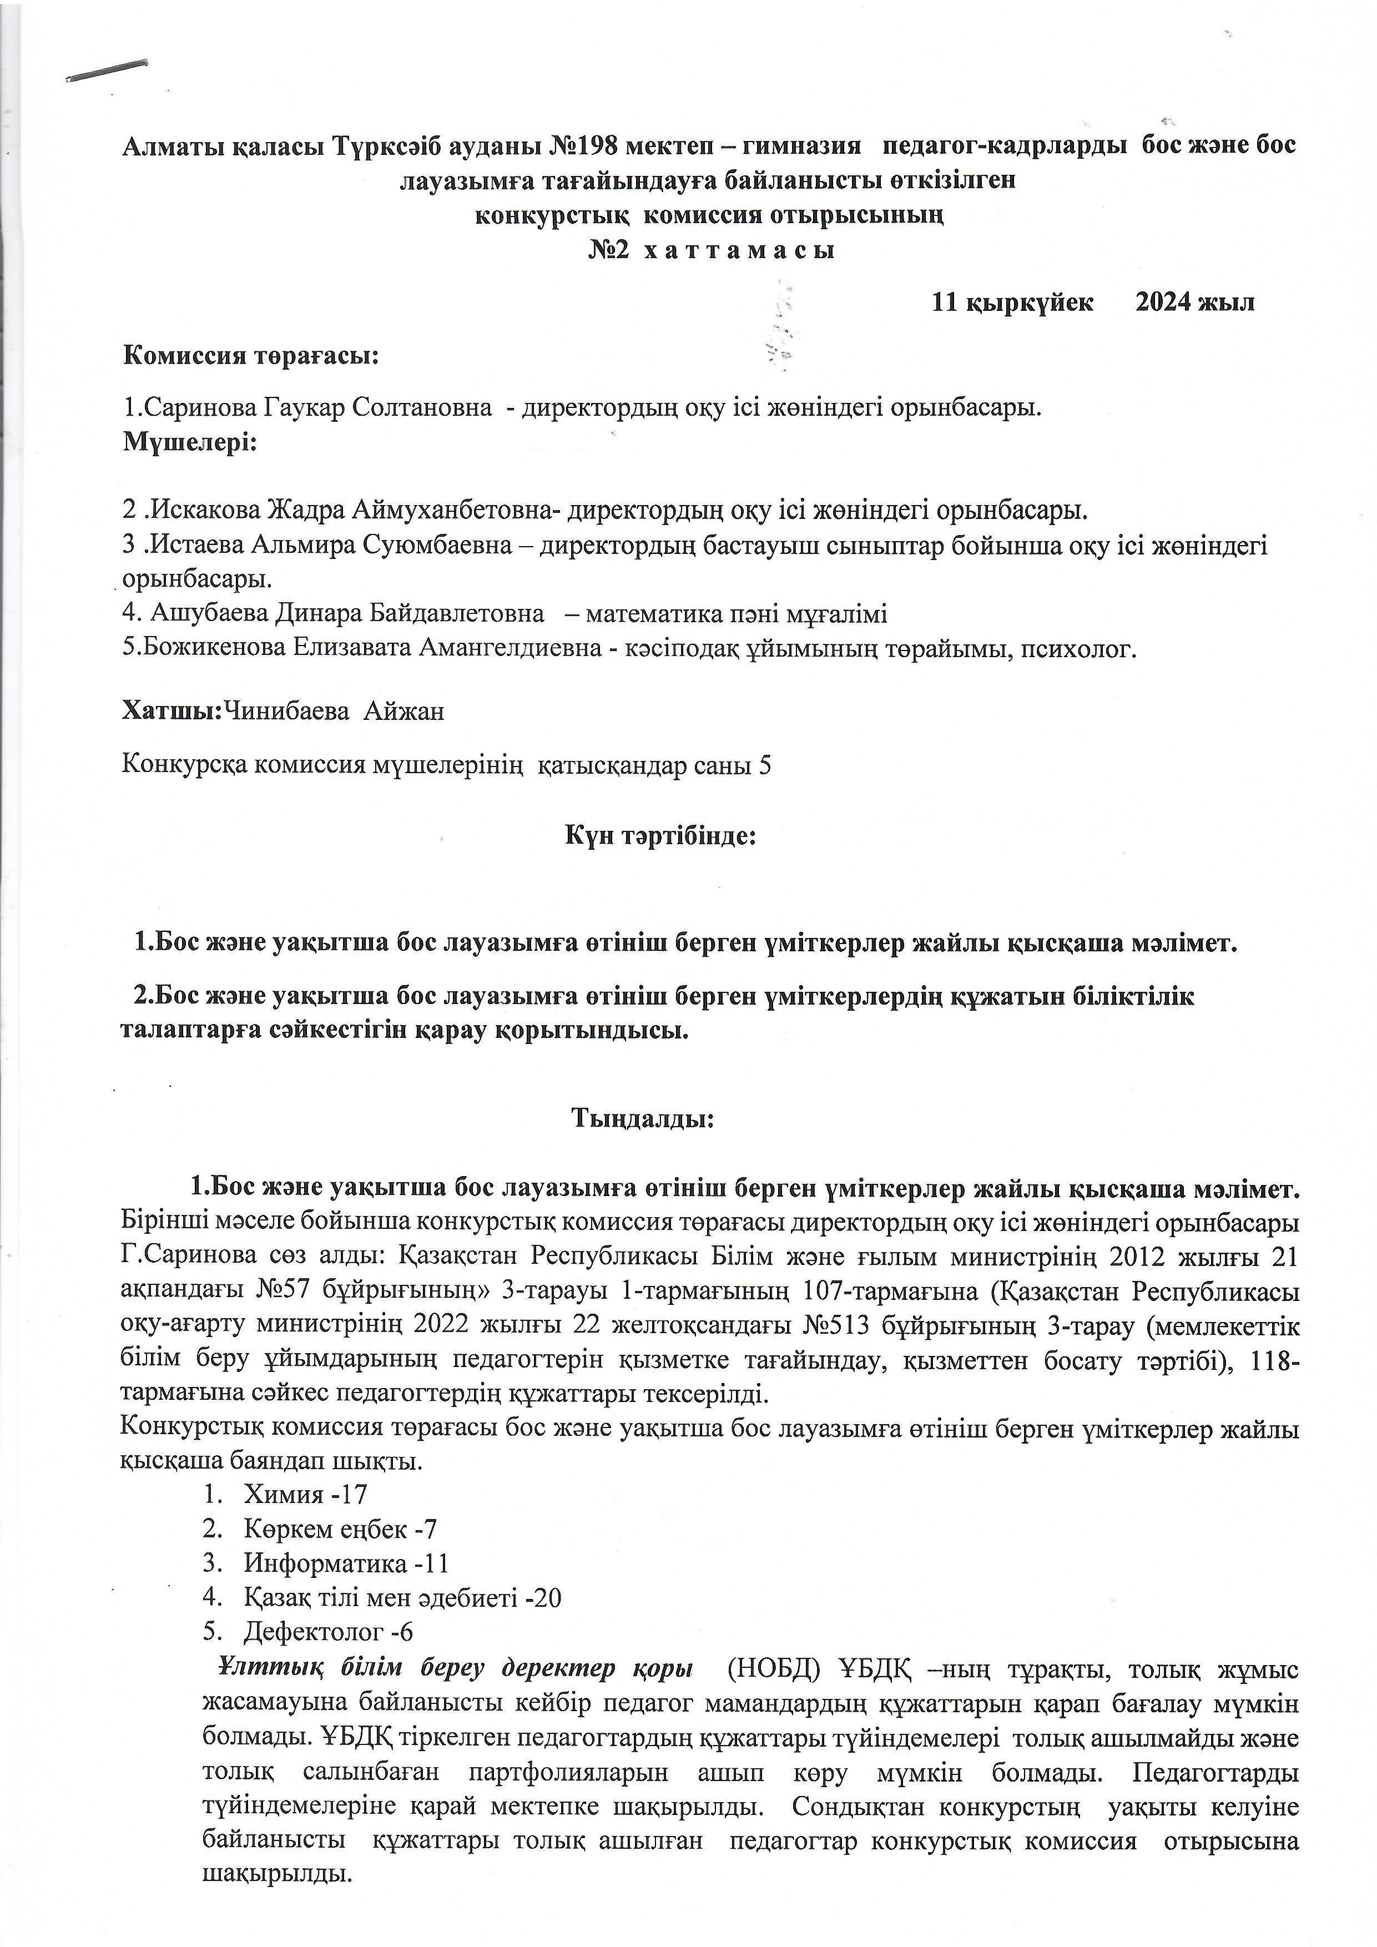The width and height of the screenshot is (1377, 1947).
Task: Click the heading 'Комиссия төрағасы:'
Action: pos(252,355)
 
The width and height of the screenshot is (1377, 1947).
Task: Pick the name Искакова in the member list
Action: pos(208,511)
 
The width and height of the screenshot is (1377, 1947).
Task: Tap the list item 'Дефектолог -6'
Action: pos(328,1632)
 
